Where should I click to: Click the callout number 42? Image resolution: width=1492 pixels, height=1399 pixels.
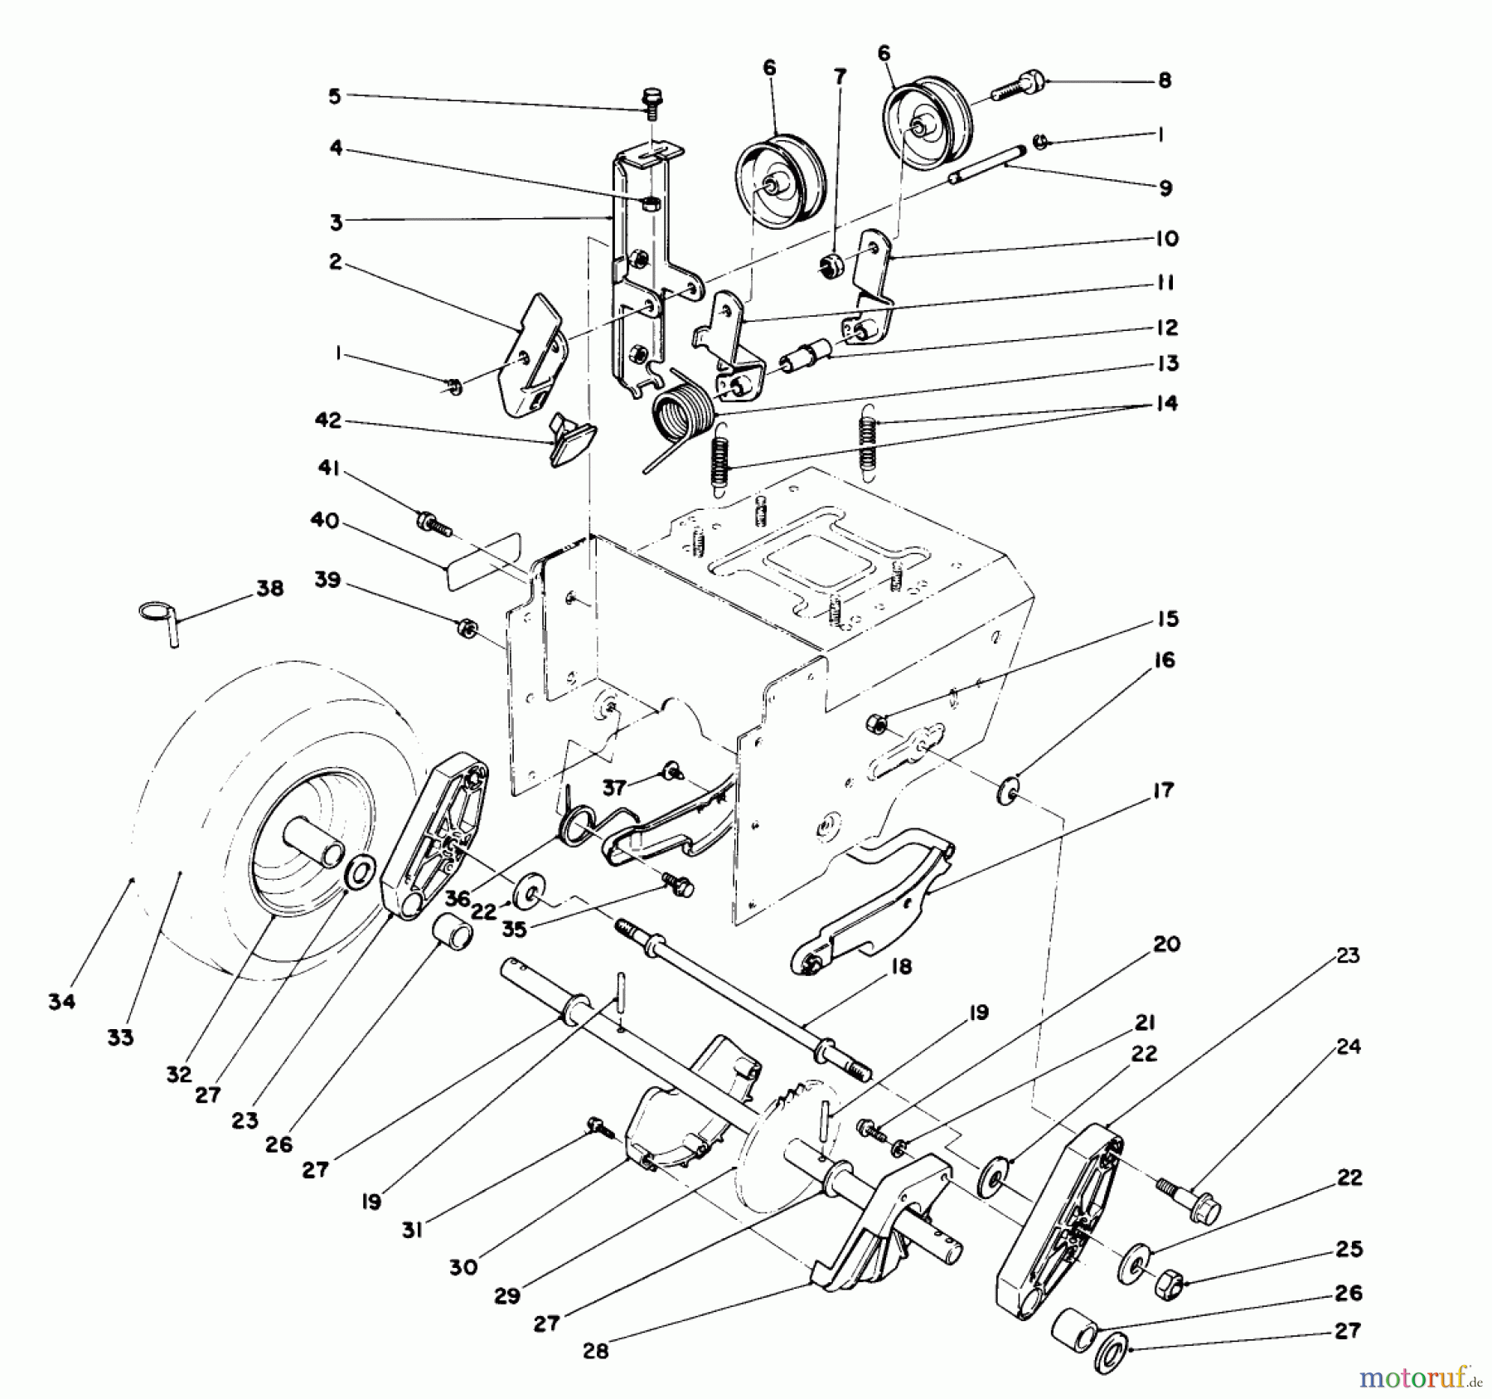[x=328, y=420]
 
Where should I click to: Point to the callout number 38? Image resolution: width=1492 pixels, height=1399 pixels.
[x=269, y=588]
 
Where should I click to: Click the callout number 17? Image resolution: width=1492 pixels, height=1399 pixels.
[x=1163, y=790]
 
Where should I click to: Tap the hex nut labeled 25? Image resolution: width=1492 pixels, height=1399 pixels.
[x=1167, y=1284]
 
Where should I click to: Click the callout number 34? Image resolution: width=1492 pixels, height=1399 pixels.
[x=61, y=1001]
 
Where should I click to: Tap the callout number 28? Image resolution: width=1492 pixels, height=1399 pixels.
[x=595, y=1351]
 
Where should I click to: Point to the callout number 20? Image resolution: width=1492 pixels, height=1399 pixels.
[x=1166, y=944]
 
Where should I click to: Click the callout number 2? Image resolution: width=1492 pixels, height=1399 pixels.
[x=335, y=262]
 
